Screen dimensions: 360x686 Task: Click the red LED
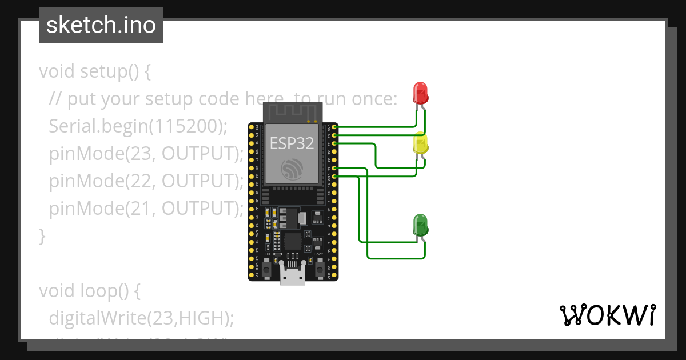tap(420, 93)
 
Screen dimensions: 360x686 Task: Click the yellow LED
tap(420, 143)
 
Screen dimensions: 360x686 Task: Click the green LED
tap(420, 225)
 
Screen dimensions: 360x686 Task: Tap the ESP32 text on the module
tap(292, 143)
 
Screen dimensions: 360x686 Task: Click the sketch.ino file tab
tap(101, 25)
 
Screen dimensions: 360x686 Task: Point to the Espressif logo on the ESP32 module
tap(292, 170)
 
